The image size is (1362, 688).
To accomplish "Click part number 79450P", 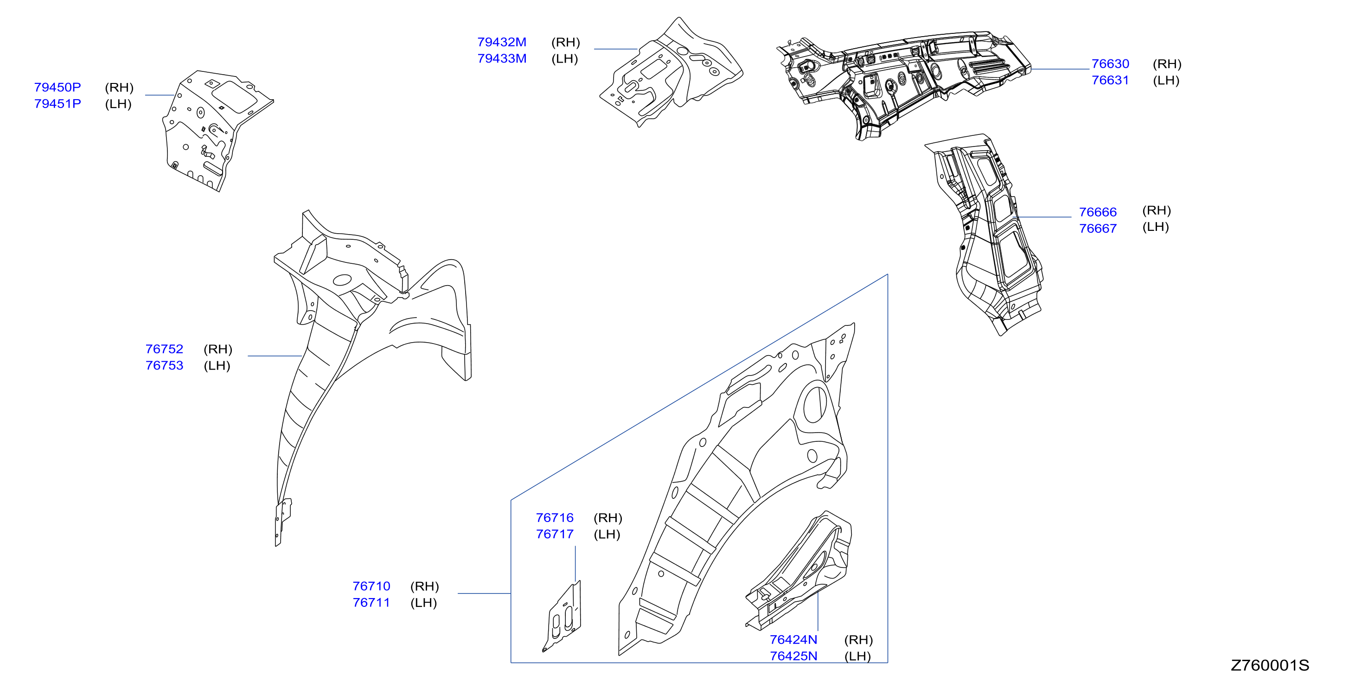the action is (x=58, y=87).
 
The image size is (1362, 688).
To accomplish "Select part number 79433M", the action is (x=502, y=59).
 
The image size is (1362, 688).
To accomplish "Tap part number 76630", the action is (x=1110, y=64).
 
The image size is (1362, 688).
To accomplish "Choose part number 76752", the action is (x=165, y=349).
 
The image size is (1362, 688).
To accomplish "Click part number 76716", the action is (x=555, y=518).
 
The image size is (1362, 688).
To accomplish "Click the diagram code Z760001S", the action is (x=1270, y=665).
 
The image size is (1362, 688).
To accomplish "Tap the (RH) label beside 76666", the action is (x=1156, y=210).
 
